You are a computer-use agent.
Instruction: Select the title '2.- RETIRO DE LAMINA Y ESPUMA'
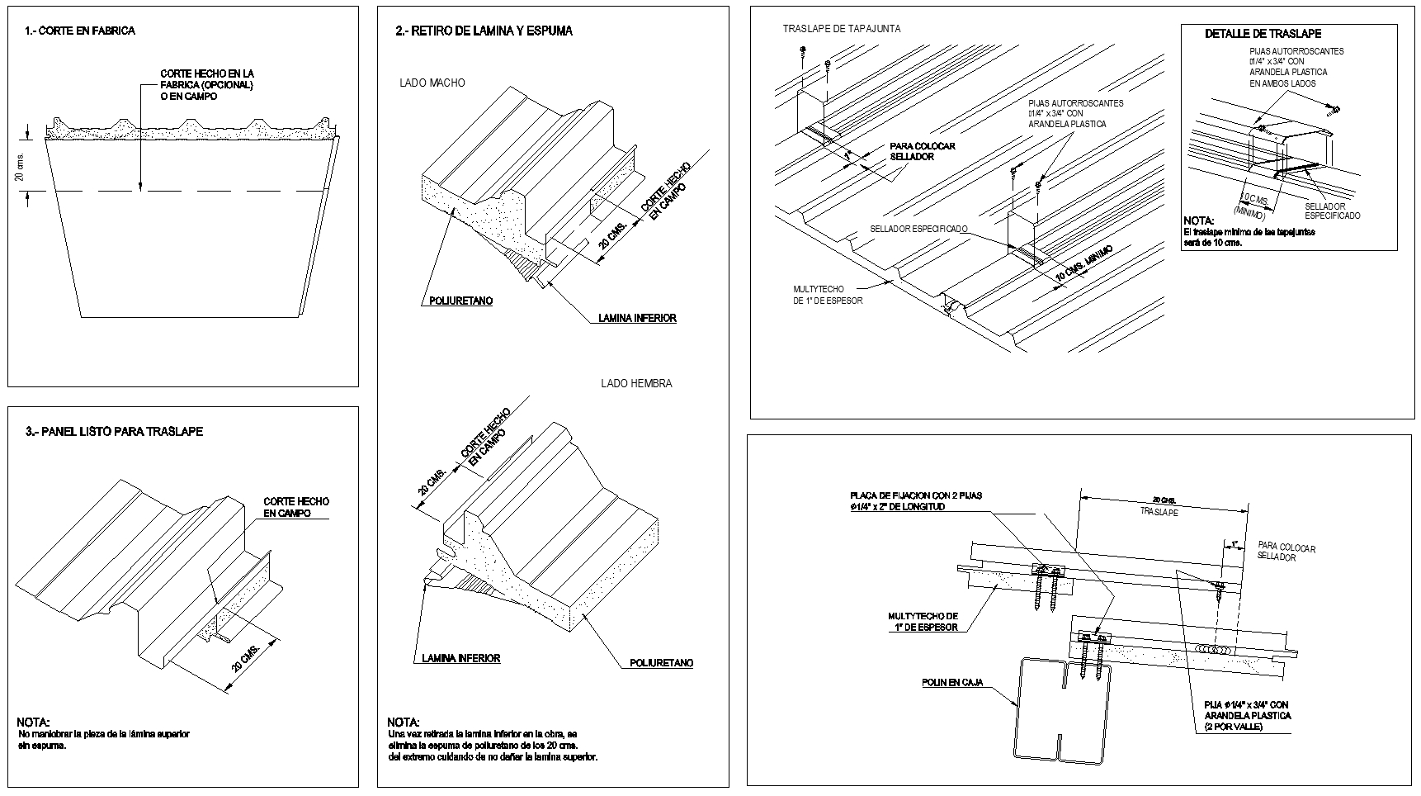[x=484, y=31]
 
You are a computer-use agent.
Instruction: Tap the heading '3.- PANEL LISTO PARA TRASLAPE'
[x=115, y=432]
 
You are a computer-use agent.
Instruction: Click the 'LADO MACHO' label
[x=432, y=83]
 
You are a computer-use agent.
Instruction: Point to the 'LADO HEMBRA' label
[x=636, y=384]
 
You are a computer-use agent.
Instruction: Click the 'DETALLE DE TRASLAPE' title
[x=1263, y=34]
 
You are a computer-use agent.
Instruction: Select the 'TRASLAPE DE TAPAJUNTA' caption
[x=842, y=29]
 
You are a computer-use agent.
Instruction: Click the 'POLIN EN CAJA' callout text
[x=952, y=683]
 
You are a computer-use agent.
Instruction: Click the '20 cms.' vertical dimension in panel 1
[x=21, y=167]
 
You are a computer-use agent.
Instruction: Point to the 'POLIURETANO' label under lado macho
[x=460, y=301]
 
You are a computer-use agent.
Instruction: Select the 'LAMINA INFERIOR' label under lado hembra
[x=460, y=659]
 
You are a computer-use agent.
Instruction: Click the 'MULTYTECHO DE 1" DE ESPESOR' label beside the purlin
[x=923, y=622]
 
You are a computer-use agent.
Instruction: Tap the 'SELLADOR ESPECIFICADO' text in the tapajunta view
[x=918, y=230]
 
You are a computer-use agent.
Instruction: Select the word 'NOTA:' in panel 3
[x=33, y=723]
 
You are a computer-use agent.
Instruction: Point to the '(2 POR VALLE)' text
[x=1233, y=727]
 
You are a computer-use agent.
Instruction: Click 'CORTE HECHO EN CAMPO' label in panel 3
[x=295, y=507]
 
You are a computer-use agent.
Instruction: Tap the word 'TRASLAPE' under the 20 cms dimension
[x=1159, y=512]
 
